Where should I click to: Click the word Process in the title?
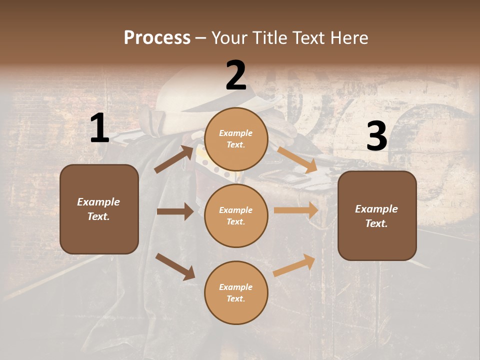click(157, 38)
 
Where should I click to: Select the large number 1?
click(99, 128)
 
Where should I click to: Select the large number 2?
click(236, 75)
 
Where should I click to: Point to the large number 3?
click(376, 136)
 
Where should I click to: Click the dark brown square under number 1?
click(99, 209)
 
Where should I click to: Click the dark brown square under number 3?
click(377, 216)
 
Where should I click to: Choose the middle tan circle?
click(236, 216)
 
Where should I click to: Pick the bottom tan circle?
click(236, 293)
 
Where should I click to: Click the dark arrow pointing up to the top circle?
click(174, 159)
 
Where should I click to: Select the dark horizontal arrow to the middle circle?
click(175, 211)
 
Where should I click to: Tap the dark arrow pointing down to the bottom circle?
click(175, 266)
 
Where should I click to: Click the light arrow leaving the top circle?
click(297, 159)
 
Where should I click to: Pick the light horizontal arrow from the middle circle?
click(296, 210)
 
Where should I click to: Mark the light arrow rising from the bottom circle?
click(294, 265)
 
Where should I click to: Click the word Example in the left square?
click(98, 202)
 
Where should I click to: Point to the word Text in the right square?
click(376, 223)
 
